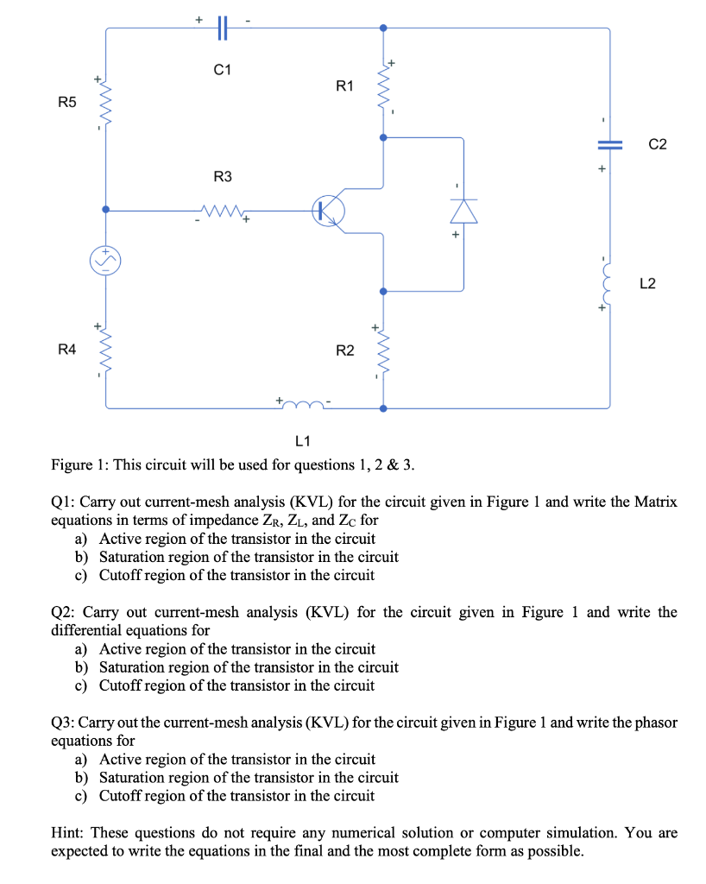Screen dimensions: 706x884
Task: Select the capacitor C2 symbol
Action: (609, 145)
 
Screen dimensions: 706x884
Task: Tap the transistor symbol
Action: (329, 211)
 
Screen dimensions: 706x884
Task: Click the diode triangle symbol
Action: (463, 212)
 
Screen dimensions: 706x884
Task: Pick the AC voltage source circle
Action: (105, 261)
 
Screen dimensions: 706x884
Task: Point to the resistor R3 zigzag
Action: (223, 212)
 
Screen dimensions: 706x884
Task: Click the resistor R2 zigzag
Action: (383, 350)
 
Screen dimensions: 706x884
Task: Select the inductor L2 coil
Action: (607, 283)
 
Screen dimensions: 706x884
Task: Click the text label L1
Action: (303, 441)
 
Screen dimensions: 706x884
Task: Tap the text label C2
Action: (658, 144)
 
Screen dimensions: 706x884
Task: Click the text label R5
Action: (67, 102)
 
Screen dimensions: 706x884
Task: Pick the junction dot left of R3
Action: (105, 209)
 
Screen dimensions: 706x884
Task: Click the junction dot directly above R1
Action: (383, 28)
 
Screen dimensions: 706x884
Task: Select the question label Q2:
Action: (63, 612)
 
